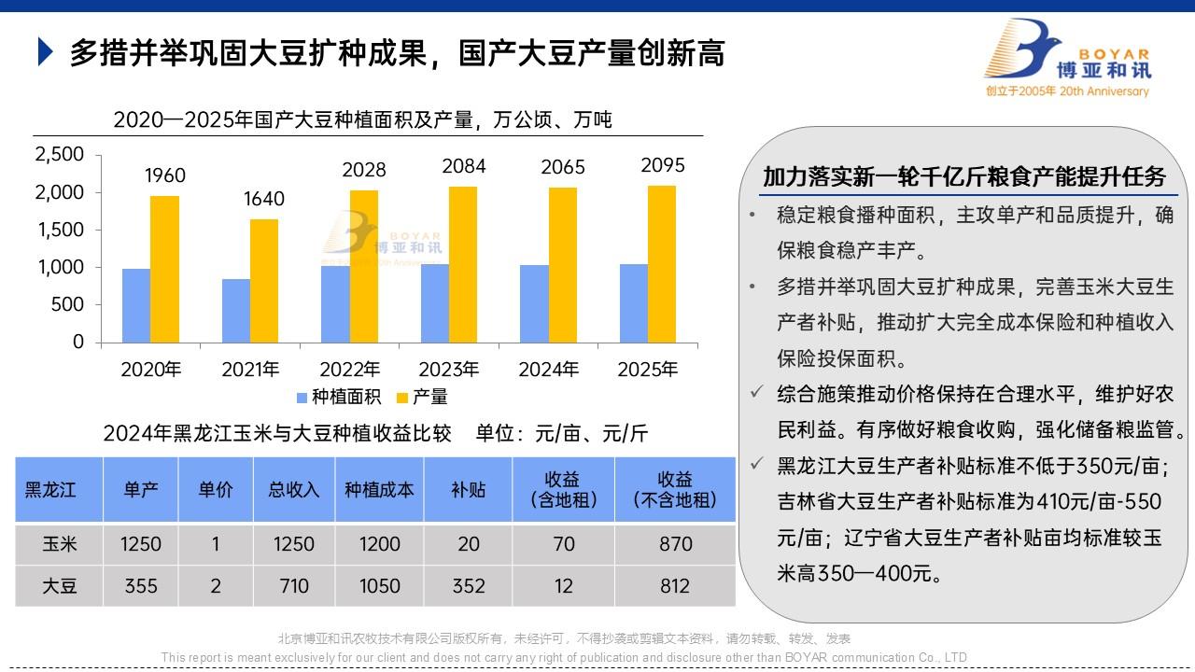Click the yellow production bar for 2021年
(263, 280)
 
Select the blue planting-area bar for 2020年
(136, 305)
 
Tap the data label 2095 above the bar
(663, 165)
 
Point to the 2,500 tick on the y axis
(59, 154)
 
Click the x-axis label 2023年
(449, 370)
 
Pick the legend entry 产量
(422, 397)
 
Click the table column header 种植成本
(379, 490)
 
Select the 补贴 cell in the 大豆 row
(469, 586)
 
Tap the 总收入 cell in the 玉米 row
(294, 544)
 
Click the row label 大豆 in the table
(60, 586)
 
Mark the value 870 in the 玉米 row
(675, 544)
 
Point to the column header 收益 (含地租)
(564, 490)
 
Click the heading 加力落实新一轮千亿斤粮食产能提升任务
(964, 176)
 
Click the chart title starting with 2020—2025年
(362, 119)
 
